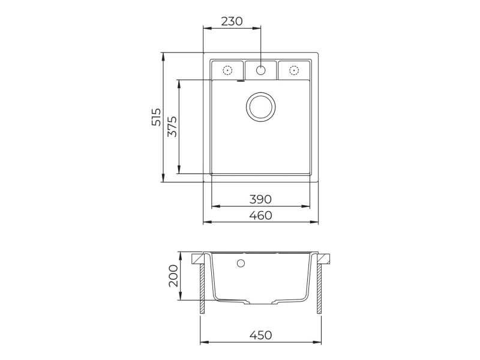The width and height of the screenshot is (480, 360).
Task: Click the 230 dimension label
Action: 232,21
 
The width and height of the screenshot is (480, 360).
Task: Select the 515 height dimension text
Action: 157,116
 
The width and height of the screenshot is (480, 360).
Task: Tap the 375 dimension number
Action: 172,127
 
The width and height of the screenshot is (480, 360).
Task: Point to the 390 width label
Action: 260,199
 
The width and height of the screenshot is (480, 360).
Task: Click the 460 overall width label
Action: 260,215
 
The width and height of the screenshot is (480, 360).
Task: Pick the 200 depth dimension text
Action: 173,275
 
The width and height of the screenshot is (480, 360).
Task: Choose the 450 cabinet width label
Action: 260,335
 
